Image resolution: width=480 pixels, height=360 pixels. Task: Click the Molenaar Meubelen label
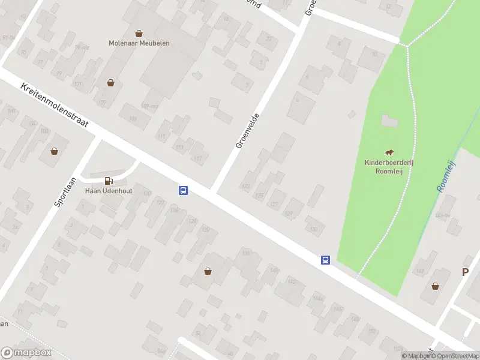(x=139, y=43)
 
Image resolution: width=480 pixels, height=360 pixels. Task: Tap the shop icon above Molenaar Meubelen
(x=139, y=34)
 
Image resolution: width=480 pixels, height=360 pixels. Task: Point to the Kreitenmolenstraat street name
(x=55, y=105)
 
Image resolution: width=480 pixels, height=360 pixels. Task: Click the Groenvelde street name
(x=247, y=131)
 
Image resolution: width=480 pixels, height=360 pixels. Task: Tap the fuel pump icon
(x=109, y=180)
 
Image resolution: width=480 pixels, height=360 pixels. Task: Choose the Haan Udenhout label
(x=109, y=190)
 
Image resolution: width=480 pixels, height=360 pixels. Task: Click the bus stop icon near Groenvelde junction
(x=183, y=191)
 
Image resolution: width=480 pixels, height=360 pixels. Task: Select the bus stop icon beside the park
(x=325, y=260)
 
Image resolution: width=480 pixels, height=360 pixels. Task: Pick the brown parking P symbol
(x=464, y=272)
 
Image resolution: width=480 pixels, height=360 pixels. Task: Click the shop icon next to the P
(x=434, y=286)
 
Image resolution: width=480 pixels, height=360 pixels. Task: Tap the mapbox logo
(x=26, y=353)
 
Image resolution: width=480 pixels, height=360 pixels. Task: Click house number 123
(x=245, y=187)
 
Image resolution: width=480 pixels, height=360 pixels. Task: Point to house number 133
(x=313, y=229)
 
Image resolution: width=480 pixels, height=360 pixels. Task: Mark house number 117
(x=199, y=158)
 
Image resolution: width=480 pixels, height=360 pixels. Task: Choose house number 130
(x=205, y=230)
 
